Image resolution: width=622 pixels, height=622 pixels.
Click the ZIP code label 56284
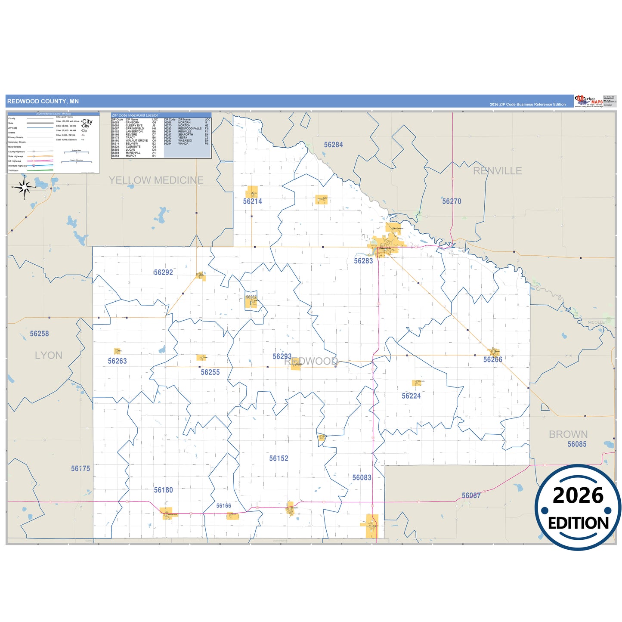pos(334,145)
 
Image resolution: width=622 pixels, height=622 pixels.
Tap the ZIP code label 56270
pos(452,201)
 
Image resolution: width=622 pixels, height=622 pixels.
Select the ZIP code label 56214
pos(252,201)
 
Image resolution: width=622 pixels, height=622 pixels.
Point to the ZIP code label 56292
pos(164,272)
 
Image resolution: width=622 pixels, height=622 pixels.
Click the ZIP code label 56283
pos(363,261)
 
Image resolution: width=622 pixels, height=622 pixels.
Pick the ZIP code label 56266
pos(492,360)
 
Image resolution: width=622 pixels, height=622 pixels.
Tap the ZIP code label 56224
pos(411,396)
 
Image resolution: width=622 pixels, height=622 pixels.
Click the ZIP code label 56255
pos(210,372)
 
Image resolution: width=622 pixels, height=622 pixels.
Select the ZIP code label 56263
pos(118,361)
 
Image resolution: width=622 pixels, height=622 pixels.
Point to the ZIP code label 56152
pos(279,458)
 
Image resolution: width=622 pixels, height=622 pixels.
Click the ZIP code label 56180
pos(164,490)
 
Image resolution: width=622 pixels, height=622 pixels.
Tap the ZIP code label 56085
pos(577,444)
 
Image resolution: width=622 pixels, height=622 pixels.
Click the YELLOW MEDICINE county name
pos(156,180)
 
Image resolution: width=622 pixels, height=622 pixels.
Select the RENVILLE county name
pos(497,171)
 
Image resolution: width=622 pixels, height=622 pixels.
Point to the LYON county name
pos(49,356)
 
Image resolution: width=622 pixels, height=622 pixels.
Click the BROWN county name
pos(568,434)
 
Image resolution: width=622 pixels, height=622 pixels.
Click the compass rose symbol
pos(25,188)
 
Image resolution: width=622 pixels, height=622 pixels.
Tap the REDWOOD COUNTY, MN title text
pos(43,102)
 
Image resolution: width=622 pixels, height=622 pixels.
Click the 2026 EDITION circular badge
pos(578,508)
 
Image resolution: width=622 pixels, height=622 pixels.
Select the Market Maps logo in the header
pos(588,101)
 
